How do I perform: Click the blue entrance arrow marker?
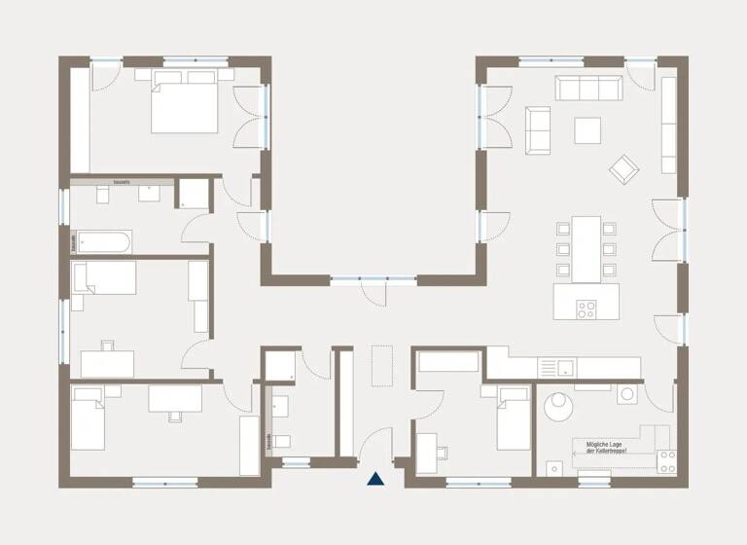[x=375, y=478]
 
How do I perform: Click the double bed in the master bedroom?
[x=184, y=106]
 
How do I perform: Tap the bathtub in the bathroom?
[x=103, y=240]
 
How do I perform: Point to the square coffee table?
[x=587, y=129]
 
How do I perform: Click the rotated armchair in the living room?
[x=623, y=168]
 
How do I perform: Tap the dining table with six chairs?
[x=584, y=247]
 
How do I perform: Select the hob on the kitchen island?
[x=587, y=310]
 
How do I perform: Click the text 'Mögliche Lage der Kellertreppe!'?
[x=606, y=449]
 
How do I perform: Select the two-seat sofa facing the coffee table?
[x=537, y=129]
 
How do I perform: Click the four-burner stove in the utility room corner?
[x=666, y=461]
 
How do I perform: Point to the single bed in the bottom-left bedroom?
[x=88, y=418]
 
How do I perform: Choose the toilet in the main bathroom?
[x=151, y=193]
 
